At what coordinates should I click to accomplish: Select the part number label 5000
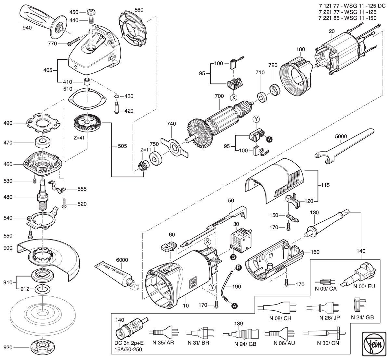(341, 136)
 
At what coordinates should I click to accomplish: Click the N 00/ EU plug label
(364, 286)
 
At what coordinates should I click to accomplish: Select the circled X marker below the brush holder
(234, 97)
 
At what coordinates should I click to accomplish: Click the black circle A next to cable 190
(234, 306)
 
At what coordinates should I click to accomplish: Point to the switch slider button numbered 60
(168, 246)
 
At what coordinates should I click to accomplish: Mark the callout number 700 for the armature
(219, 96)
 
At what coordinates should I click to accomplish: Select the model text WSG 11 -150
(360, 18)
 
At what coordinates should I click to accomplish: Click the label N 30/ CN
(328, 343)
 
